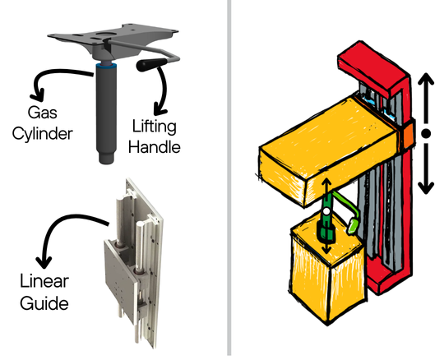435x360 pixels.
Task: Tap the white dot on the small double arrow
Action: (326, 212)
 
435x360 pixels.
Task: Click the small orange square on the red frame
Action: (407, 135)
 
